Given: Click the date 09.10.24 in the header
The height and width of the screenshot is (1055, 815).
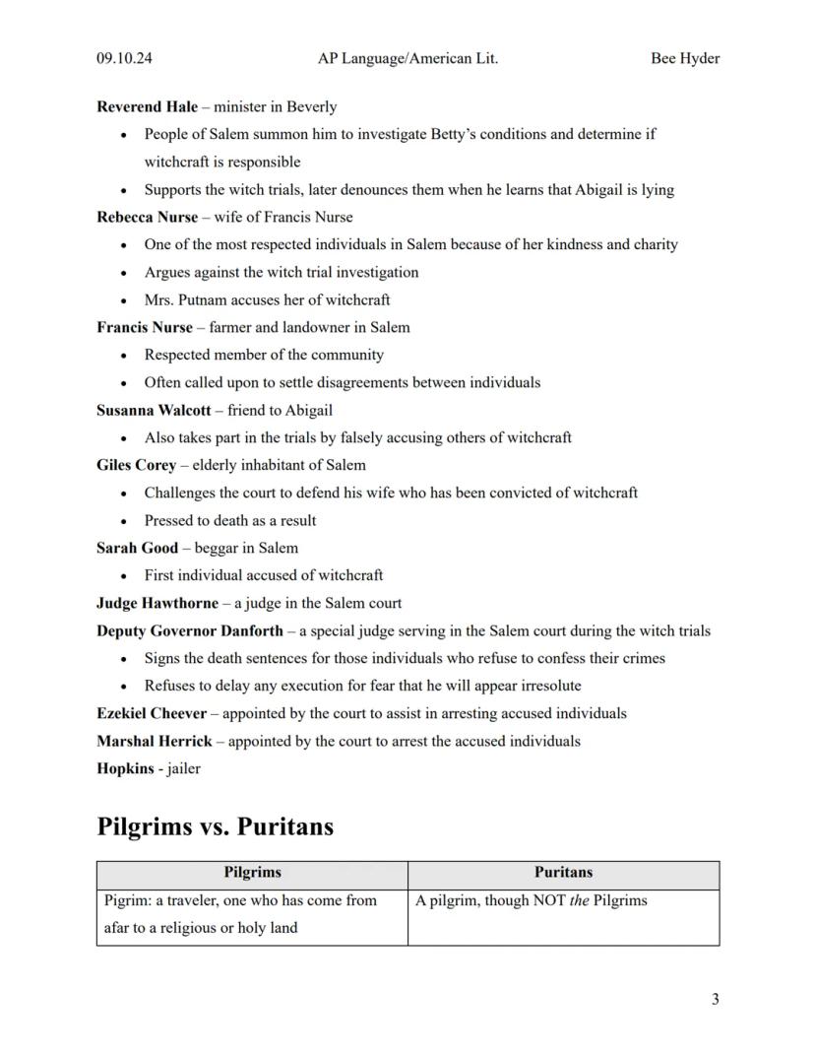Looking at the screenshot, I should [x=124, y=58].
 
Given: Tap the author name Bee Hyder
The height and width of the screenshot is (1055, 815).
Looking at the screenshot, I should [x=684, y=58].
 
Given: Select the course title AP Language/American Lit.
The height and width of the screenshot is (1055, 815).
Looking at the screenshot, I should [x=407, y=58].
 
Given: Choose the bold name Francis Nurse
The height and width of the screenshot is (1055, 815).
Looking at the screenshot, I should [x=145, y=327].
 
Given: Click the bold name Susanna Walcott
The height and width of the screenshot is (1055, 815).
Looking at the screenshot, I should [x=154, y=410].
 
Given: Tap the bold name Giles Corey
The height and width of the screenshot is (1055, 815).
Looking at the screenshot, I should [x=137, y=465].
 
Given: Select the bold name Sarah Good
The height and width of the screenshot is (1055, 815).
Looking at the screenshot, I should [x=138, y=548].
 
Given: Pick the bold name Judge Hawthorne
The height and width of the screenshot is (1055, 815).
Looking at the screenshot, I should [x=157, y=603].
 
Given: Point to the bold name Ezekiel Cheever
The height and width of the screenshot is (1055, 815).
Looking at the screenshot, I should [x=152, y=713].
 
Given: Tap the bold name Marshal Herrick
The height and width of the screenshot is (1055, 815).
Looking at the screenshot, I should [x=155, y=741].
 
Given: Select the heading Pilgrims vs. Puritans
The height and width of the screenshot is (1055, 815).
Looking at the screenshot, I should [x=215, y=825].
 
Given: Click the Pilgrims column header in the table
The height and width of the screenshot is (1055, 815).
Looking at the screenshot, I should [x=252, y=872].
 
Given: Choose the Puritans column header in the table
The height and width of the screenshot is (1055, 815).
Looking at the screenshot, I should [x=563, y=872].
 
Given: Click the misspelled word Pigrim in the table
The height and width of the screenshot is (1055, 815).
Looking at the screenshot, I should [x=126, y=900].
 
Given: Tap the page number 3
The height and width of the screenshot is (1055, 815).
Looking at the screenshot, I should [x=715, y=999].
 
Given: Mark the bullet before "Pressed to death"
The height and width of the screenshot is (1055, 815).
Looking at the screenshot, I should [x=123, y=521].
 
